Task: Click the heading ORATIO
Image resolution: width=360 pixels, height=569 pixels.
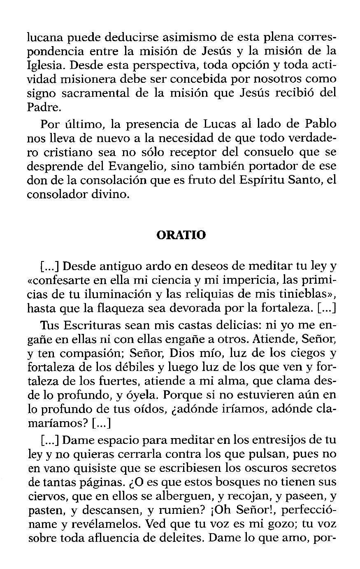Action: pos(181,235)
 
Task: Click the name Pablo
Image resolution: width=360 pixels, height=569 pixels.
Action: pos(320,124)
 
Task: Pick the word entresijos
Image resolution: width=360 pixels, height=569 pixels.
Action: pos(283,441)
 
